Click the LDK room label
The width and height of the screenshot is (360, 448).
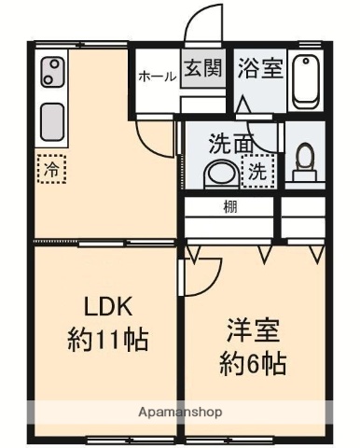[x=111, y=307]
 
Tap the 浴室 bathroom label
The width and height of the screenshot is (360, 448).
[x=260, y=69]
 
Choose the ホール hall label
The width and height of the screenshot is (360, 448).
[x=157, y=77]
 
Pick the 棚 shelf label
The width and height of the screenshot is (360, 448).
[x=228, y=207]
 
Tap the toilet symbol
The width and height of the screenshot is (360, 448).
[x=303, y=163]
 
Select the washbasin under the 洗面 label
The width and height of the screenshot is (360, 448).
[x=221, y=173]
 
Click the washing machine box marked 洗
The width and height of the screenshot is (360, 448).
[x=256, y=171]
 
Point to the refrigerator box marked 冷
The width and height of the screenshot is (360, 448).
[x=51, y=170]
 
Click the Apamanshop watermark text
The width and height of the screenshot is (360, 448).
[x=179, y=412]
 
